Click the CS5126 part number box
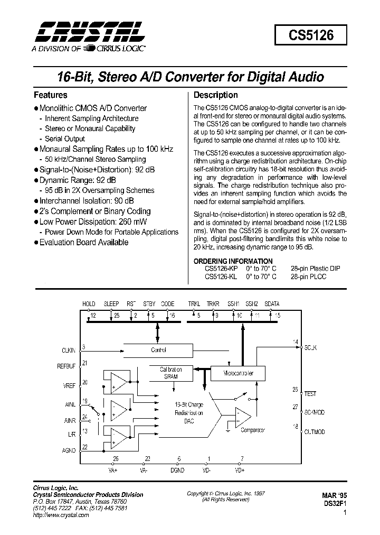coord(310,36)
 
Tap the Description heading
coord(215,96)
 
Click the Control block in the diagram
coord(158,349)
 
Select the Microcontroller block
coord(239,373)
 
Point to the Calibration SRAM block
coord(170,373)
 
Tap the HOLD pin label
coord(89,304)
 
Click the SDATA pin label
coord(272,304)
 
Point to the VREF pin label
coord(70,386)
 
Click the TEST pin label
coord(311,394)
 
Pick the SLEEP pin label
coord(111,304)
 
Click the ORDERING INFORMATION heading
coord(233,261)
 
